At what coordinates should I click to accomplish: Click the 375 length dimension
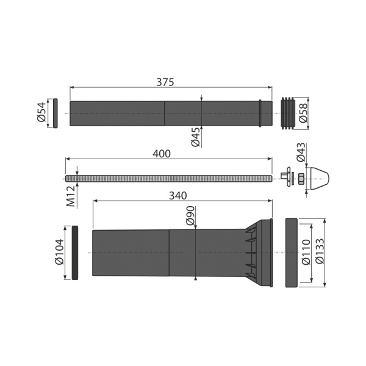tap(165, 82)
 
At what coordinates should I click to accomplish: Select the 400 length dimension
tap(161, 154)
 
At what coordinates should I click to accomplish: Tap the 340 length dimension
tap(178, 195)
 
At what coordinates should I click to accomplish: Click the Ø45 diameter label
tap(196, 137)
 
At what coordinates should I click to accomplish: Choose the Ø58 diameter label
tap(320, 113)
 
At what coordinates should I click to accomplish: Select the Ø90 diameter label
tap(190, 217)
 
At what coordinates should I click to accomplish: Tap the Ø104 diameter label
tap(59, 253)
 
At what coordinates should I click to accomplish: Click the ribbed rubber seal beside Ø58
tap(289, 113)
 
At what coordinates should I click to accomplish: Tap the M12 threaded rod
tap(168, 178)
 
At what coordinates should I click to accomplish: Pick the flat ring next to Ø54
tap(56, 113)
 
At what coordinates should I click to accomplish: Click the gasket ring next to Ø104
tap(75, 253)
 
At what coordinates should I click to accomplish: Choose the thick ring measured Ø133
tap(291, 252)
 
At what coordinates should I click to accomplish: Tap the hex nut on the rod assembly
tap(300, 178)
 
